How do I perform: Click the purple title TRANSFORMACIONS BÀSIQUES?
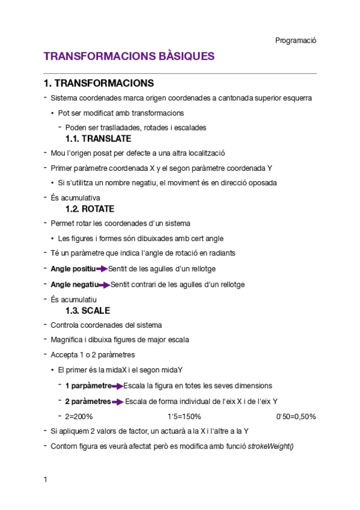(129, 57)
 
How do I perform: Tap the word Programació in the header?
(296, 40)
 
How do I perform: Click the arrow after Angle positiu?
(102, 269)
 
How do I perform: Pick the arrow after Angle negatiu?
(104, 284)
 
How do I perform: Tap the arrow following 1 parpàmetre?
(117, 386)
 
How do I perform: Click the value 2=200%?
(79, 416)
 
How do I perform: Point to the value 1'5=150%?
(184, 416)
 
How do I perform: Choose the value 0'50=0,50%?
(296, 416)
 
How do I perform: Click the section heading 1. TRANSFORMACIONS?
(99, 83)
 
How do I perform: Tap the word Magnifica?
(66, 340)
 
